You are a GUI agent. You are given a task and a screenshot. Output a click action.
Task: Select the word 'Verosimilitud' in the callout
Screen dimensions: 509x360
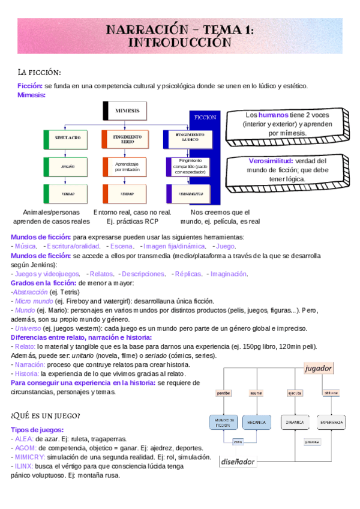point(270,161)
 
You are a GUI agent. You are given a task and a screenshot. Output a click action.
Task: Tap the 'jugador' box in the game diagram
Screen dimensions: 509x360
point(318,368)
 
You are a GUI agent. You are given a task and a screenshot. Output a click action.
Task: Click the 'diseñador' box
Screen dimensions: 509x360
point(238,462)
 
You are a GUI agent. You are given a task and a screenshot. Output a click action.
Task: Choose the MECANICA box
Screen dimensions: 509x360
point(256,422)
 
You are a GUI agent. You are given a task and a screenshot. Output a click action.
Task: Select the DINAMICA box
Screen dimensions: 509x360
point(295,422)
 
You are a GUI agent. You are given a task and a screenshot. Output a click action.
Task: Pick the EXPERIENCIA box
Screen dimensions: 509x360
point(331,422)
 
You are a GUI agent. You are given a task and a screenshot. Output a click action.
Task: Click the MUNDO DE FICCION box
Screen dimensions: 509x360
point(223,422)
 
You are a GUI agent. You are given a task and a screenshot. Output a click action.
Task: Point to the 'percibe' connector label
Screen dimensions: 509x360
point(223,393)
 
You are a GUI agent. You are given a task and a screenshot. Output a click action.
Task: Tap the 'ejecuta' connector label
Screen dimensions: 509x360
point(295,393)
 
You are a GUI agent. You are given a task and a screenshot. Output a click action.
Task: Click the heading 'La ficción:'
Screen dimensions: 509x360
point(40,73)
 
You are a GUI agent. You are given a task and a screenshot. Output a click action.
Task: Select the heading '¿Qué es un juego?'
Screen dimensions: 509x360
point(46,415)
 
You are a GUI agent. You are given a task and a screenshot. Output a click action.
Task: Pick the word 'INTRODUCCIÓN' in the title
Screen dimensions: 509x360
point(180,43)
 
